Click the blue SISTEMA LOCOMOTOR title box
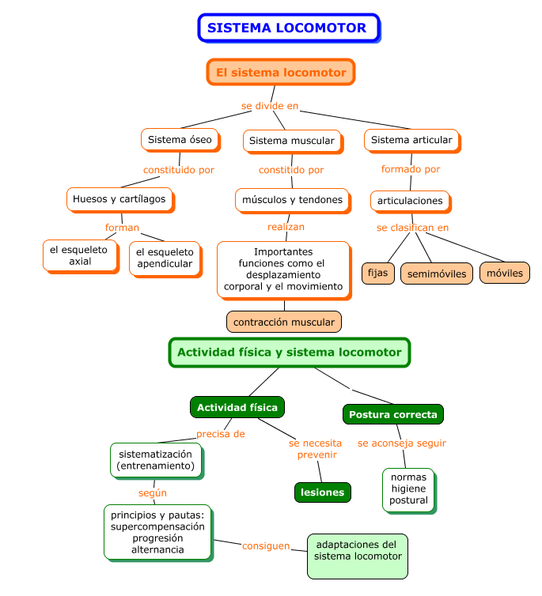(289, 28)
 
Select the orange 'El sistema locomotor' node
(281, 72)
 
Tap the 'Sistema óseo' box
(180, 140)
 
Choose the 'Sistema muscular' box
(293, 141)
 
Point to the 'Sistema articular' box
(412, 141)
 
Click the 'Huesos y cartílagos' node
(120, 200)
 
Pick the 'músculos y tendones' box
(293, 201)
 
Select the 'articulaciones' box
(411, 202)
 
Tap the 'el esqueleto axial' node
(81, 256)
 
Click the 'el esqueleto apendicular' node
(165, 258)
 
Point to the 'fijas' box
(378, 273)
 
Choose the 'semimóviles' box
(437, 273)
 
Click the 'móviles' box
(505, 273)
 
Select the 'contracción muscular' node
(284, 322)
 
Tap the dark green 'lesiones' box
(323, 492)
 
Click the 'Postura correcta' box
(393, 414)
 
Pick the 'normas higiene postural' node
(409, 490)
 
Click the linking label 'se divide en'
(270, 106)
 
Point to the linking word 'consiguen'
(266, 546)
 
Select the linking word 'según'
(153, 493)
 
